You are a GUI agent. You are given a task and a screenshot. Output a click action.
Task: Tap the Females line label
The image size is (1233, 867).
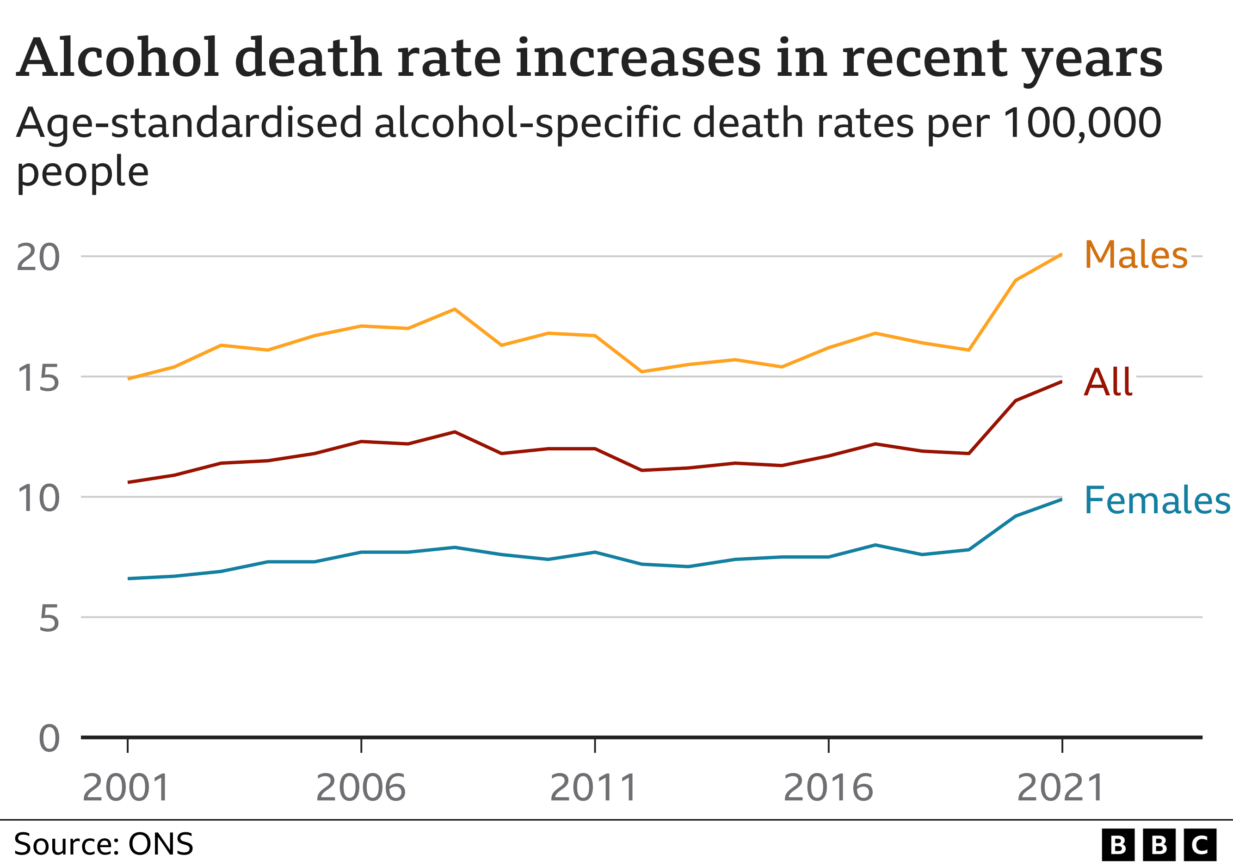pos(1157,500)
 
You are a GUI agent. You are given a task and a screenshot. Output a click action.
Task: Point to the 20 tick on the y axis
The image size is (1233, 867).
pos(37,257)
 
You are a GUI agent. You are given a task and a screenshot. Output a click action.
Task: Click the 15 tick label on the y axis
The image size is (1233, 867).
pos(37,378)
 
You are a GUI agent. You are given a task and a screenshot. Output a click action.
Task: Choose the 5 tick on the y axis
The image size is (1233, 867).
pos(49,619)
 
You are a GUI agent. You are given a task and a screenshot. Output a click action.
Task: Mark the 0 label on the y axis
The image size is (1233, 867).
pos(49,739)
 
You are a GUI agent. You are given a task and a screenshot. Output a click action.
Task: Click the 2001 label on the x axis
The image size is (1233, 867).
pos(126,788)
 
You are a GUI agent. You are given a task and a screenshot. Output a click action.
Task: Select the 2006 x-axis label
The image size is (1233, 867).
pos(360,788)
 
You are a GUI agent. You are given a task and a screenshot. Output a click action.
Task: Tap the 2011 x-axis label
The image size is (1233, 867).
pos(594,788)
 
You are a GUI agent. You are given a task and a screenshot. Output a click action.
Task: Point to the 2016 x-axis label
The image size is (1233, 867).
pos(828,788)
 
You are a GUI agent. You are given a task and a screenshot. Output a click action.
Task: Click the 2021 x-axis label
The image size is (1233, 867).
pos(1061,788)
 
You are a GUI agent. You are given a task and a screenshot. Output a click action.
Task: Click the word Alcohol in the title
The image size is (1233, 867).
pos(118,57)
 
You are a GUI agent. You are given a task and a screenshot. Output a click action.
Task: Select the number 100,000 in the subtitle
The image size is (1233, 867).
pos(1082,123)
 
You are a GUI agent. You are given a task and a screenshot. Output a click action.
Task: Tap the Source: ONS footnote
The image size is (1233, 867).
pos(103,844)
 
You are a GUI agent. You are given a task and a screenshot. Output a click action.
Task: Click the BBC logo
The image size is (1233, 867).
pos(1159,845)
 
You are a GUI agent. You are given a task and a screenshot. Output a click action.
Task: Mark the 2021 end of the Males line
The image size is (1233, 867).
pos(1061,254)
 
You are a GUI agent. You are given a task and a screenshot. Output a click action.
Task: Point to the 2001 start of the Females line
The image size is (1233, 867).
pos(129,579)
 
